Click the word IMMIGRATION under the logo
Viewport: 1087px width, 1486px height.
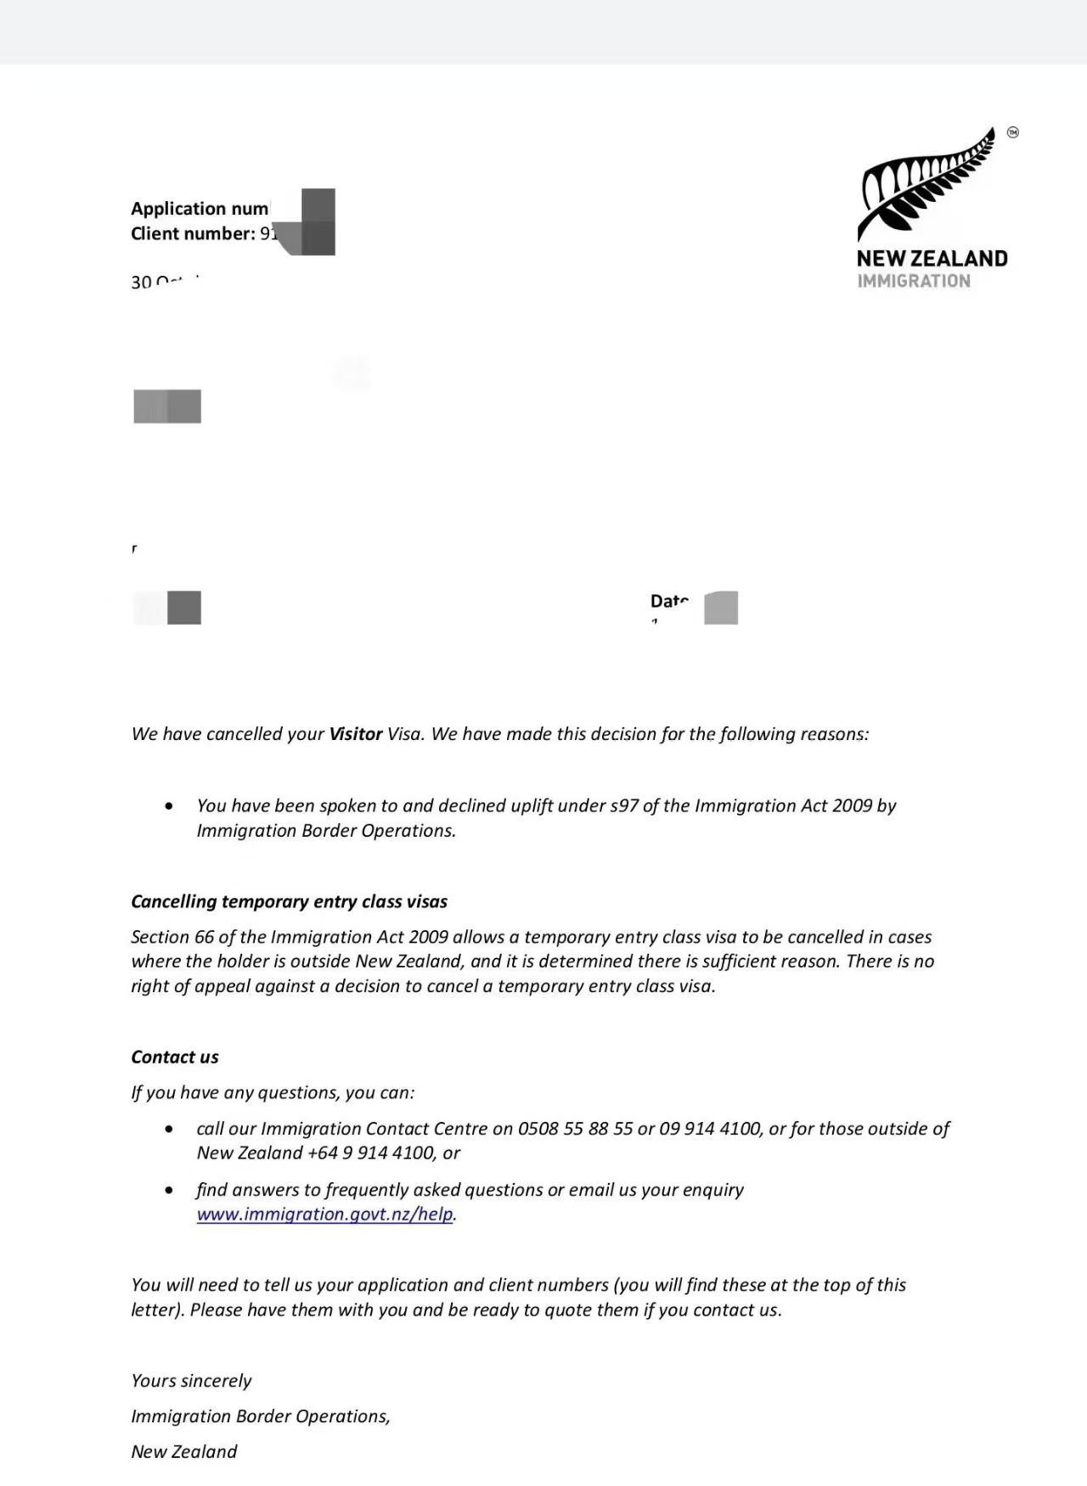913,281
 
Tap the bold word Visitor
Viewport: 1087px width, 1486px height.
356,734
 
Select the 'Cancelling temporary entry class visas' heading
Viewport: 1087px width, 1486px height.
289,901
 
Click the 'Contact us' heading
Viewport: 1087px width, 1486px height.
175,1057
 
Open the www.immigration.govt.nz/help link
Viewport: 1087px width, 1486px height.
324,1214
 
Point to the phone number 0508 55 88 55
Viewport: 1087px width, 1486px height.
575,1129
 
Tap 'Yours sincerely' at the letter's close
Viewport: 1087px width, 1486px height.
191,1381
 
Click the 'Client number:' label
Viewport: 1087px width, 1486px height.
193,234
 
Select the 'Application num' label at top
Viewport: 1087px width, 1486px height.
200,209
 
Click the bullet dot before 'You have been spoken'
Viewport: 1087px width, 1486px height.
170,805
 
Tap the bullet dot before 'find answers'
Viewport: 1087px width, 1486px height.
170,1190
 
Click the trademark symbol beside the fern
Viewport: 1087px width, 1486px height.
1012,132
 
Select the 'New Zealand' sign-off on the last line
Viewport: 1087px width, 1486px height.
184,1451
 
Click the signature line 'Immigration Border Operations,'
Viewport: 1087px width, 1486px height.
260,1416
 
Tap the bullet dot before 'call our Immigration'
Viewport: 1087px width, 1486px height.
170,1129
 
